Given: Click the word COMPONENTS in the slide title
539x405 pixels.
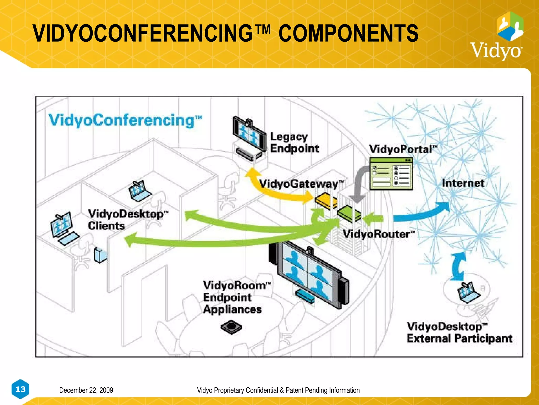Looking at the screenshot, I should (348, 33).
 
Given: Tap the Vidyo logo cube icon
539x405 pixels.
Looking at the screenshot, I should (510, 26).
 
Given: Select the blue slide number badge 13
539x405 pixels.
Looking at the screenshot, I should (21, 389).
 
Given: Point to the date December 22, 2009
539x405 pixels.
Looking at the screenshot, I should (86, 390).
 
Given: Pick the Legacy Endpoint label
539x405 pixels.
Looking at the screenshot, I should (294, 143).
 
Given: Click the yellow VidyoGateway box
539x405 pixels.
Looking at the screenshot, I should (326, 201).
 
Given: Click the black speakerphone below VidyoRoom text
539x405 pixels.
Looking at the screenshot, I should (231, 327).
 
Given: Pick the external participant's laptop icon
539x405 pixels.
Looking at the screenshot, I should (468, 292).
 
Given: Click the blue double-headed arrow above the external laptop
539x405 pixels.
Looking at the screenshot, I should (458, 266).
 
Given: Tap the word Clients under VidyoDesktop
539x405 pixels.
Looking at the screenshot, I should (106, 226).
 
